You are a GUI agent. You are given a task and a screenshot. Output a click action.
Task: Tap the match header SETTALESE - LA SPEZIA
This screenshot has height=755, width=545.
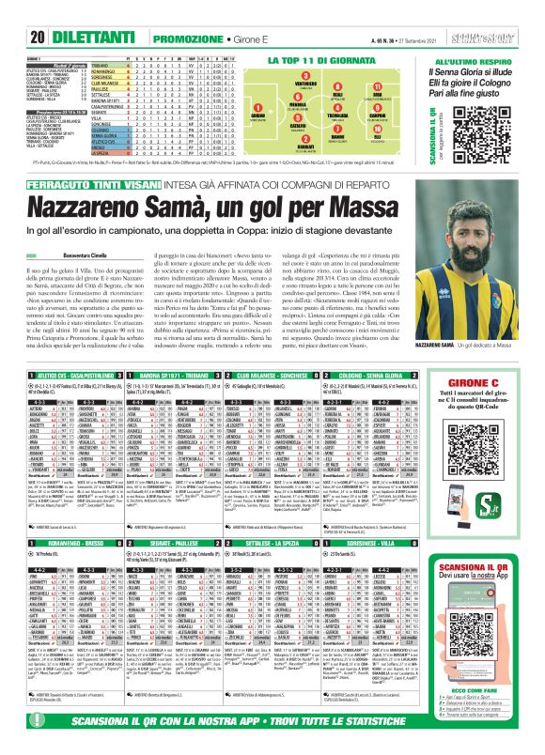(283, 544)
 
